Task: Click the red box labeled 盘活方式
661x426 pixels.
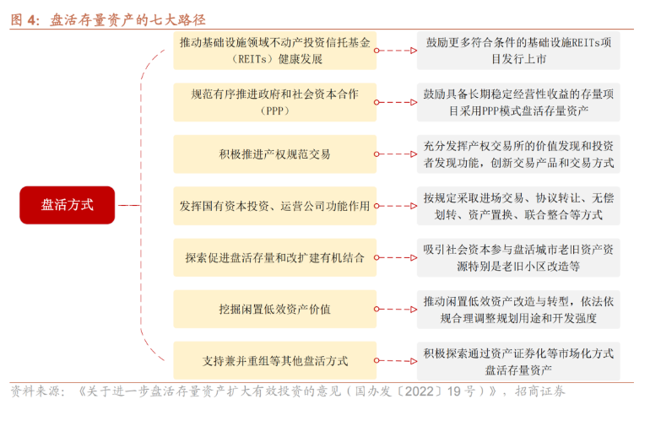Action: click(67, 205)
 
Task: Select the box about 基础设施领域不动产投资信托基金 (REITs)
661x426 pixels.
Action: click(274, 51)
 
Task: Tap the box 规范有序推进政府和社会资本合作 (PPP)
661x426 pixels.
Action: click(274, 102)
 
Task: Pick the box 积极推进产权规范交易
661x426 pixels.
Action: click(274, 154)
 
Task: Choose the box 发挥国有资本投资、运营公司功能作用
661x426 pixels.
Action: click(274, 206)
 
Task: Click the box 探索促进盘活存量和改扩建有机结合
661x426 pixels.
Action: click(274, 257)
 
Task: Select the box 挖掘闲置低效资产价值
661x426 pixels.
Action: click(274, 309)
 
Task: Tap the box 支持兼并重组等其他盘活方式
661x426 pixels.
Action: click(274, 361)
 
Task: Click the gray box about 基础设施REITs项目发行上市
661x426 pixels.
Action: click(518, 51)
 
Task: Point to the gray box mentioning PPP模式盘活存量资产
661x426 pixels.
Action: click(518, 102)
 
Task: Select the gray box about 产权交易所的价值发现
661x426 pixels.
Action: click(518, 154)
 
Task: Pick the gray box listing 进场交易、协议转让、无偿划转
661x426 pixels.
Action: click(518, 206)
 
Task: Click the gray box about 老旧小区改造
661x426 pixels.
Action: click(518, 257)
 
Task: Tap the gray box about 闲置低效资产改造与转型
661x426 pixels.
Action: click(518, 309)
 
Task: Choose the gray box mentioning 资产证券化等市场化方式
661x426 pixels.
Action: click(518, 361)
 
